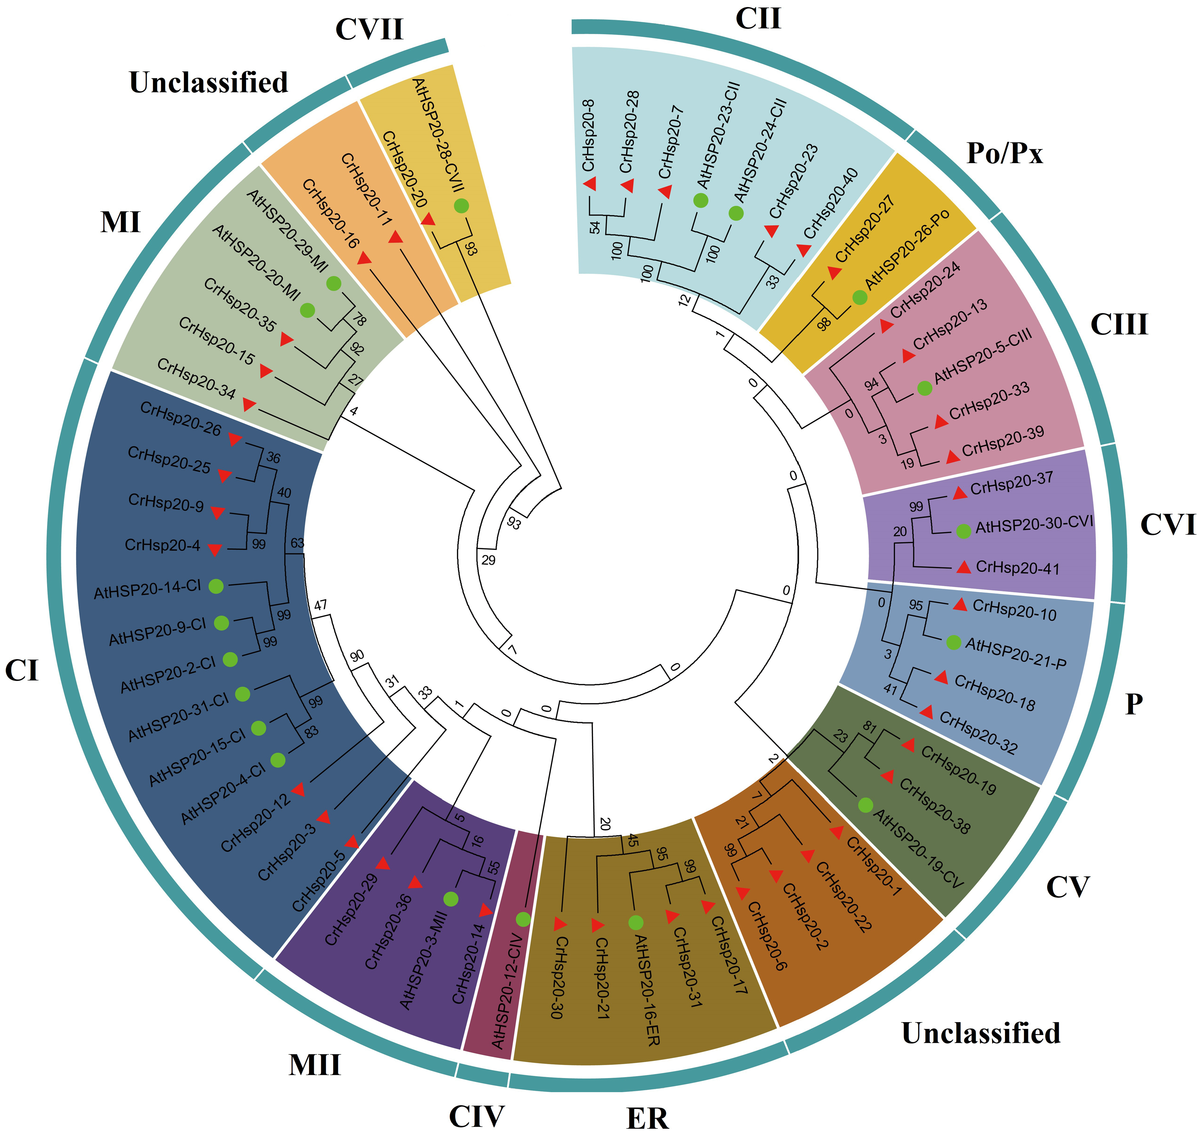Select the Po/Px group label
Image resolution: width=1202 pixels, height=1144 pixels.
pyautogui.click(x=1004, y=154)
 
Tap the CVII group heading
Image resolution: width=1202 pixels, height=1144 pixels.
pyautogui.click(x=369, y=29)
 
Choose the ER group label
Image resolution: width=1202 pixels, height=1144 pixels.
pyautogui.click(x=647, y=1118)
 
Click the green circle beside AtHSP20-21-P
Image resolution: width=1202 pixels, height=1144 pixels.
pyautogui.click(x=953, y=642)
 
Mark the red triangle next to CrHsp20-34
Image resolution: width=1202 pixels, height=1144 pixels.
pyautogui.click(x=248, y=404)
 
